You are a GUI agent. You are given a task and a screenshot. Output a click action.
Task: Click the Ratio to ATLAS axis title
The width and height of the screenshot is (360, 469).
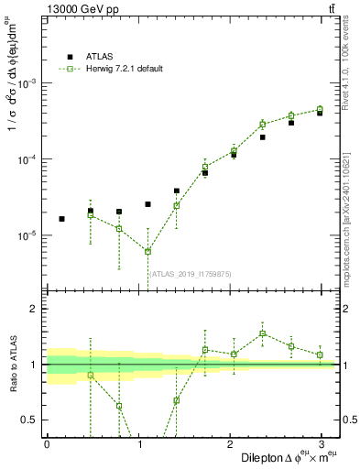[12, 364]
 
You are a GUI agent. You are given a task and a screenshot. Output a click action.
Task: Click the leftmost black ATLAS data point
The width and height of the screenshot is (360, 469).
[61, 219]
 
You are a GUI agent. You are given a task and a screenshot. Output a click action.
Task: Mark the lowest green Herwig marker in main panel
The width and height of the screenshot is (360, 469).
[147, 252]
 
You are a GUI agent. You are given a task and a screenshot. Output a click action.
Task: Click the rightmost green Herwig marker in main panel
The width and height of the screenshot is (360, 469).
[320, 109]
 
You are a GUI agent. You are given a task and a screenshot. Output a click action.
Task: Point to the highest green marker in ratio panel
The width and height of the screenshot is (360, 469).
[262, 333]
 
